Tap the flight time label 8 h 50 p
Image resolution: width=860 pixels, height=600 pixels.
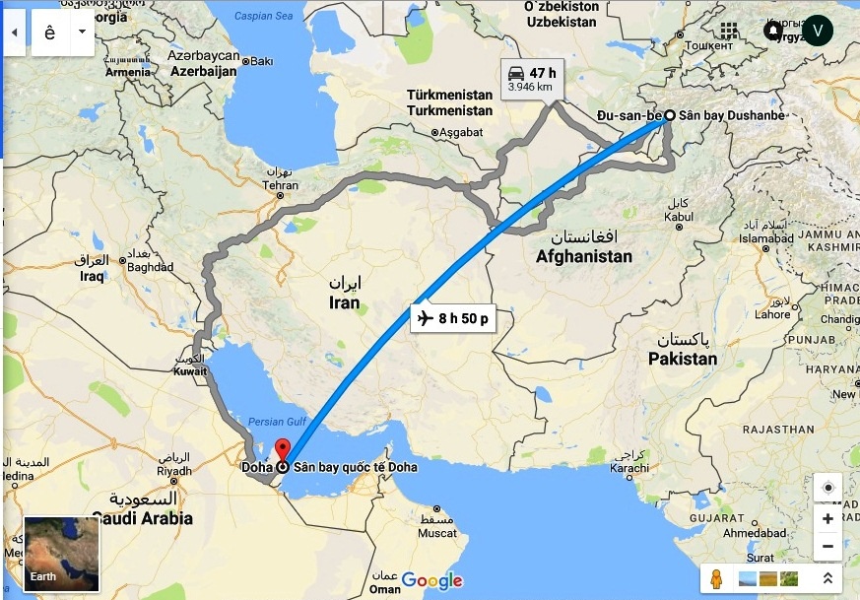coord(452,318)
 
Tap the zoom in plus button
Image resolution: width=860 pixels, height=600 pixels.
coord(827,518)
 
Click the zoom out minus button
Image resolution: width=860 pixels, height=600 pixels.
coord(827,545)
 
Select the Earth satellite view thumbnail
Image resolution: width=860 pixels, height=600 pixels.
coord(62,554)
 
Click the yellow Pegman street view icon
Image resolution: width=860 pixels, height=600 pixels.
coord(716,578)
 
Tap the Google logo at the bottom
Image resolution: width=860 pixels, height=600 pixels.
coord(431,580)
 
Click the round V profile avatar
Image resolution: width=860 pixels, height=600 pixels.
coord(817,31)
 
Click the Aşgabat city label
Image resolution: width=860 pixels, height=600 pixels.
coord(461,131)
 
